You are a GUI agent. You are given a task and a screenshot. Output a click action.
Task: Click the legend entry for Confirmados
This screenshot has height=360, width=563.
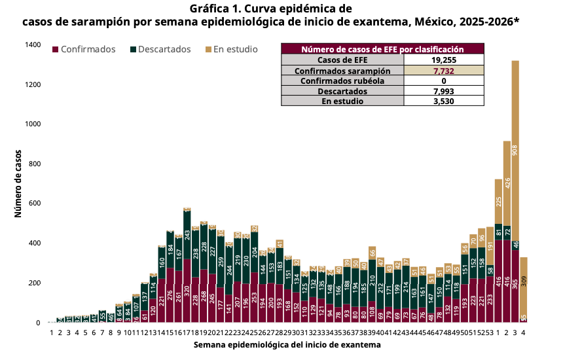[88, 49]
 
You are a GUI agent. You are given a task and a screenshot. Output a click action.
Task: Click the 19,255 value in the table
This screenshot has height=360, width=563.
[444, 60]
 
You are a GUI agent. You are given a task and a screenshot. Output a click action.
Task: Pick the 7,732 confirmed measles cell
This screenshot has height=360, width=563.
[444, 70]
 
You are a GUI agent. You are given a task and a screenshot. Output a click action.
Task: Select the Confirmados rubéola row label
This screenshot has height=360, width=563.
[342, 81]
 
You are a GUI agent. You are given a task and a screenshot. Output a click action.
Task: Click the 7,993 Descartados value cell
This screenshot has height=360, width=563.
[444, 91]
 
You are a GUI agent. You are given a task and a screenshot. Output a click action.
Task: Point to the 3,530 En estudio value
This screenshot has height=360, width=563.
[444, 101]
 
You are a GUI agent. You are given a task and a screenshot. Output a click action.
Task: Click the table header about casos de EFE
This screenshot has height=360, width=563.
[382, 49]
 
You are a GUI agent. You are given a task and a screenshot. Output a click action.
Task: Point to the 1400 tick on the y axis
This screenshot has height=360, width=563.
[32, 45]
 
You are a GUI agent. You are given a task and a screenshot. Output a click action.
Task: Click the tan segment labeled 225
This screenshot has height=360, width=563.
[498, 201]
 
